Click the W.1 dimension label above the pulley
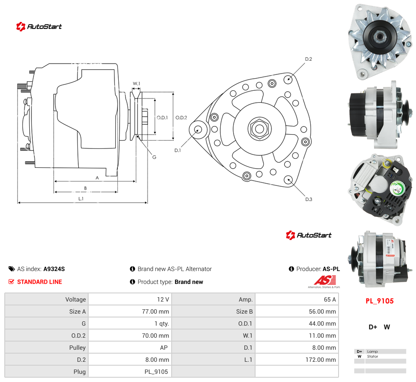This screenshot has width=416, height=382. (x=136, y=83)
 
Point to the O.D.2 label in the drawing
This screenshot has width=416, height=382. (x=181, y=117)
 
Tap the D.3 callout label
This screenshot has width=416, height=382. (x=308, y=199)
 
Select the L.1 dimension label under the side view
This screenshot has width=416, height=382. (x=81, y=198)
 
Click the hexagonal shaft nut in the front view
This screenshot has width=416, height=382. (x=259, y=129)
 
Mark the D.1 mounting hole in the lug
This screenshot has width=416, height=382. (x=197, y=130)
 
